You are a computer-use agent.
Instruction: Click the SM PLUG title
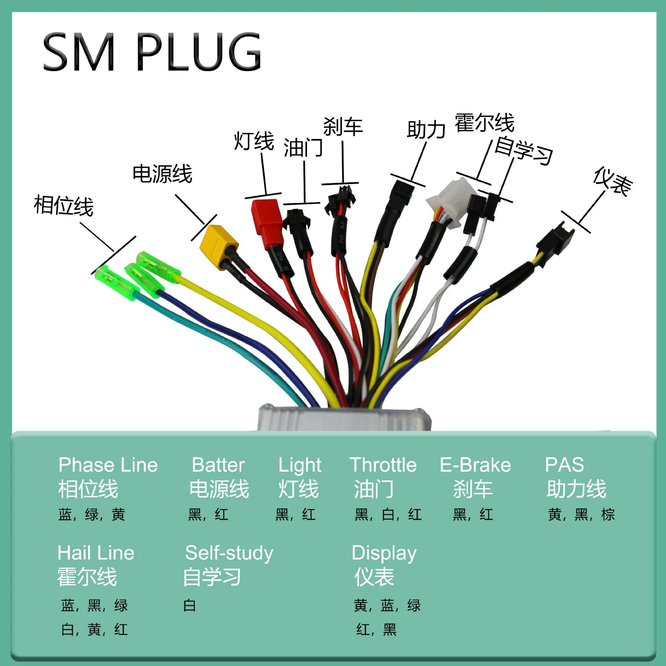pyautogui.click(x=152, y=52)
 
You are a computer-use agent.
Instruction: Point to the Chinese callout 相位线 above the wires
pyautogui.click(x=63, y=206)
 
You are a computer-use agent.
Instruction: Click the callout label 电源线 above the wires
pyautogui.click(x=162, y=173)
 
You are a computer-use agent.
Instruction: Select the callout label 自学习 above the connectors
pyautogui.click(x=523, y=151)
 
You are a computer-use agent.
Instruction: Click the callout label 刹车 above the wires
pyautogui.click(x=343, y=127)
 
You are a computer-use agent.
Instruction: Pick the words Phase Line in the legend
pyautogui.click(x=108, y=465)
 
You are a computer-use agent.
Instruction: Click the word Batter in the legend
pyautogui.click(x=218, y=465)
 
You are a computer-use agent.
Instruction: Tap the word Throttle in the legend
pyautogui.click(x=383, y=465)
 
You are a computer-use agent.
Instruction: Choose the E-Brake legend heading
pyautogui.click(x=475, y=465)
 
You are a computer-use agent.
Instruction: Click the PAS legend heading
pyautogui.click(x=564, y=465)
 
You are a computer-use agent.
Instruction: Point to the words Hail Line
pyautogui.click(x=96, y=553)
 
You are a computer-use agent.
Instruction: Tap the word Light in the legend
pyautogui.click(x=300, y=466)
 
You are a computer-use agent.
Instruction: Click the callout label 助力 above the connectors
pyautogui.click(x=426, y=130)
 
